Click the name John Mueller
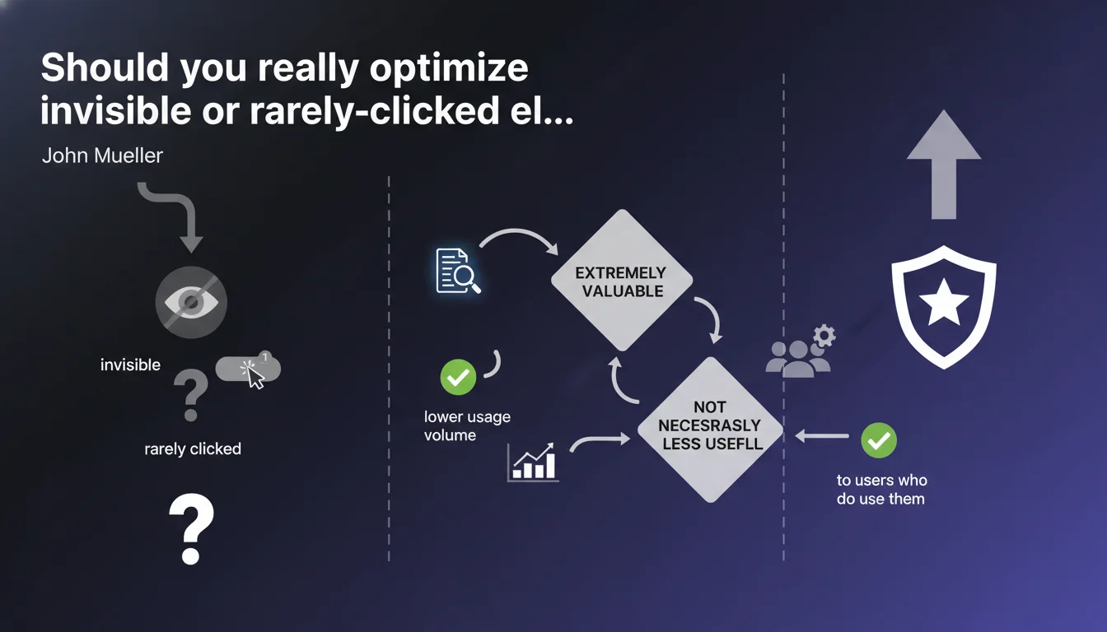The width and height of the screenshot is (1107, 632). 102,156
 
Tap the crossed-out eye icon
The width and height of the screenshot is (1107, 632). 191,302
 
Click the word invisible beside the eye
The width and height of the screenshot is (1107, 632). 130,365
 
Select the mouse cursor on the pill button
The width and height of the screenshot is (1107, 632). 254,376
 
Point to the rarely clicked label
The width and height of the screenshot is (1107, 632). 193,448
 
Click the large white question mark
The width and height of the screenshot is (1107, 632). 191,529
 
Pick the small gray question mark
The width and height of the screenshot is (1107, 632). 191,395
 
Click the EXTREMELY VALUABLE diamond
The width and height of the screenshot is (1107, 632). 622,281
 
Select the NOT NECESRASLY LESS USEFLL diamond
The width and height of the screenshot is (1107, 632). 711,430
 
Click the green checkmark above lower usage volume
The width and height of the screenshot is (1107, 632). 458,377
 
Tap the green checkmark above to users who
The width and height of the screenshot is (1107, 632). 879,440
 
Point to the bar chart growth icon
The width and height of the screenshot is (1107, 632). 533,462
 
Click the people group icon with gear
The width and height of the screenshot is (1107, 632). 801,351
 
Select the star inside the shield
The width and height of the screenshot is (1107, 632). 943,303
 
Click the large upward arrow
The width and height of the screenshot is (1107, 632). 944,165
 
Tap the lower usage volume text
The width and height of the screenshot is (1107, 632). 467,425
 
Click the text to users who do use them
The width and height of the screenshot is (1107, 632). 881,490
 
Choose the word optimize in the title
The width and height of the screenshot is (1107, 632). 449,69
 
